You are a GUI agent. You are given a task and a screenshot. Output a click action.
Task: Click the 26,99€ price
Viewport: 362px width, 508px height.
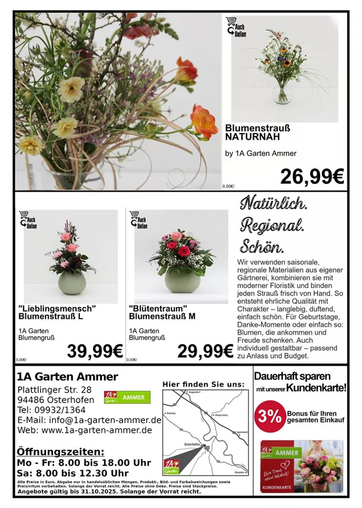point(312,176)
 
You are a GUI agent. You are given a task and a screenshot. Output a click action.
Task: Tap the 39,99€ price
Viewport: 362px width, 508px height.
point(95,351)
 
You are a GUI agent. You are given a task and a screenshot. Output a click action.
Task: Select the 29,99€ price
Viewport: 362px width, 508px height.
point(205,351)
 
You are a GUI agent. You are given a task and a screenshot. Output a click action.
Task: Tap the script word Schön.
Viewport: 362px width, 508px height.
point(262,245)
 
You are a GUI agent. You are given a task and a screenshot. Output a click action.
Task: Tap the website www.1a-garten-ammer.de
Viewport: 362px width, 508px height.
point(96,429)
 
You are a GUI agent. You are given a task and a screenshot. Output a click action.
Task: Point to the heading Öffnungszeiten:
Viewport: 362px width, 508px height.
point(61,452)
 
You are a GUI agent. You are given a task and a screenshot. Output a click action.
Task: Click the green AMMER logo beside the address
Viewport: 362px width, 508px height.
point(127,397)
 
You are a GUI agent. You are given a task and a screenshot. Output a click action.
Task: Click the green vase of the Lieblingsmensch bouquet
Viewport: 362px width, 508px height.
point(71,283)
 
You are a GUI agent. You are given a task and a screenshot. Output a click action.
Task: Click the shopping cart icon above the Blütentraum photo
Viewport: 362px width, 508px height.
point(135,215)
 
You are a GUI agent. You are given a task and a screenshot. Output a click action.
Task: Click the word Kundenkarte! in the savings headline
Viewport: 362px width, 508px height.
point(316,387)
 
